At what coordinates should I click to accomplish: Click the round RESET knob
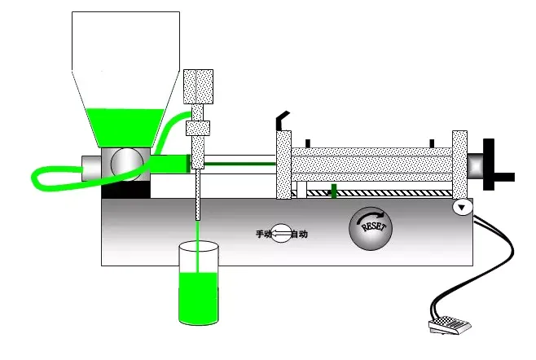(x=371, y=226)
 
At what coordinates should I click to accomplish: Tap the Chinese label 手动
(x=263, y=234)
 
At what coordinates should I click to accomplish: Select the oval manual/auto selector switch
(x=281, y=234)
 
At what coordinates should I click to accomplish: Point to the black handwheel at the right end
(x=492, y=165)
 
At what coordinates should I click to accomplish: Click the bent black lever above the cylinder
(x=282, y=121)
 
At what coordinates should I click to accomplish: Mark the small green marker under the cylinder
(x=333, y=191)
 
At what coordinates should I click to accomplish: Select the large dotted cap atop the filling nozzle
(x=199, y=86)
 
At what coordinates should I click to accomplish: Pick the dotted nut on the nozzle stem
(x=199, y=128)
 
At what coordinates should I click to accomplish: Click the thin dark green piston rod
(x=239, y=164)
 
